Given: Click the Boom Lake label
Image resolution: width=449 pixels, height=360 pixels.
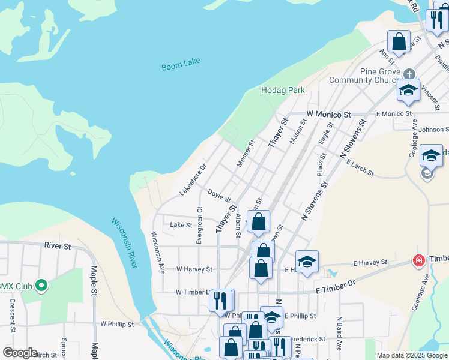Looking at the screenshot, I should point(181,64).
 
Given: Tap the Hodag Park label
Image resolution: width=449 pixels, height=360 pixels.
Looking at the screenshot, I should point(283,91).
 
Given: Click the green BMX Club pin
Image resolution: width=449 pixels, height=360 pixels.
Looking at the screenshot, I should point(41,286).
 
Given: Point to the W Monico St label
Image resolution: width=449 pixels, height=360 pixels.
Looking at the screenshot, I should point(328,113).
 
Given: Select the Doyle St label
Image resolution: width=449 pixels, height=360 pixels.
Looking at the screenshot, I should point(219,194).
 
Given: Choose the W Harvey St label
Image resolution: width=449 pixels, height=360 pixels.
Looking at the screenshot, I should point(194,269).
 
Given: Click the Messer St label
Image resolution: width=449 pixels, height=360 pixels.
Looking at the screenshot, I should point(246,154).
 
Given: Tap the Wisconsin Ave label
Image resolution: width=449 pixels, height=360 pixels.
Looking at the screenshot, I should point(157,252).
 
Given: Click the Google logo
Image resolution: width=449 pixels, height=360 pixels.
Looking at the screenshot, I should point(19,353).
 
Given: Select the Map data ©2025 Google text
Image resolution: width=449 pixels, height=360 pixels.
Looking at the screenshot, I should point(412,355).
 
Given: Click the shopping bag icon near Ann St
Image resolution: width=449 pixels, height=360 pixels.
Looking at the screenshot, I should point(399,42).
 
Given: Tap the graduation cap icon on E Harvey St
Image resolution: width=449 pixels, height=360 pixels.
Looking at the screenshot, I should point(307,261).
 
